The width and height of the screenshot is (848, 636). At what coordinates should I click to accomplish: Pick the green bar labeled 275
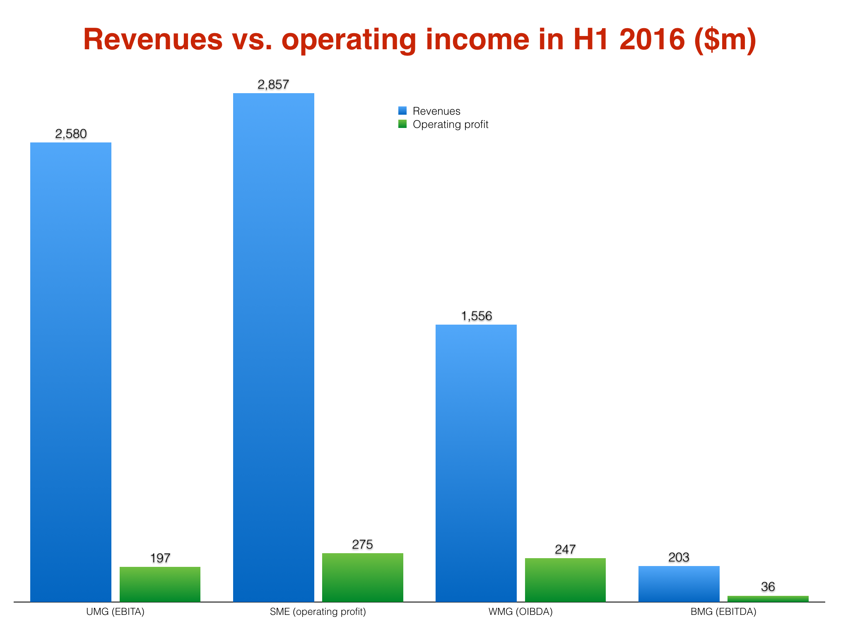tap(362, 577)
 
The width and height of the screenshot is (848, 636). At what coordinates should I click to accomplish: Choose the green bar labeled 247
tap(565, 580)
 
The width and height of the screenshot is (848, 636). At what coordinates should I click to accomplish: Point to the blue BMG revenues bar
tap(679, 583)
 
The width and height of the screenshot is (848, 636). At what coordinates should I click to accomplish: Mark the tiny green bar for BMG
tap(768, 599)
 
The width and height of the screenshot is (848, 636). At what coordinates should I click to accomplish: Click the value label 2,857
tap(273, 85)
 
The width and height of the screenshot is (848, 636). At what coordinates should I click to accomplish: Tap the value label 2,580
tap(71, 134)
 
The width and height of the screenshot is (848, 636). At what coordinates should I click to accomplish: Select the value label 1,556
tap(476, 316)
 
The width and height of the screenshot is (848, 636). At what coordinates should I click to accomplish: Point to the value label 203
tap(679, 557)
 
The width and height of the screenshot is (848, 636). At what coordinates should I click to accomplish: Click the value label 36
tap(768, 587)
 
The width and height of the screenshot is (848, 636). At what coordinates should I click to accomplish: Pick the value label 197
tap(160, 558)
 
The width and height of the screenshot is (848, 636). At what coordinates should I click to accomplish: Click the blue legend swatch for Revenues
tap(402, 111)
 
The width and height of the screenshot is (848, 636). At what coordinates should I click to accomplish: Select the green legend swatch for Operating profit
tap(402, 124)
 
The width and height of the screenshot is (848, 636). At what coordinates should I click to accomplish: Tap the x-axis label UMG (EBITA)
tap(115, 612)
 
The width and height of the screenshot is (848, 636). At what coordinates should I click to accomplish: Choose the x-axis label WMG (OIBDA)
tap(520, 612)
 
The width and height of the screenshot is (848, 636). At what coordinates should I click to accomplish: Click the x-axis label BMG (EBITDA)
tap(723, 612)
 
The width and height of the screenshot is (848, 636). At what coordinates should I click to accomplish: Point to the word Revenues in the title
tap(153, 40)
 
